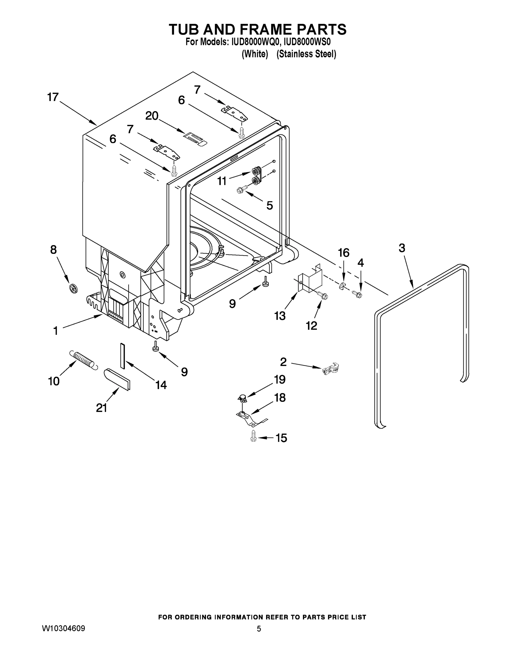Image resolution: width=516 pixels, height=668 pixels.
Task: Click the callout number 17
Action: point(53,97)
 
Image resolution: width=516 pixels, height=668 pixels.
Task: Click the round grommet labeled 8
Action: point(74,288)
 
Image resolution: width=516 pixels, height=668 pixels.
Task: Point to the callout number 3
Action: point(402,248)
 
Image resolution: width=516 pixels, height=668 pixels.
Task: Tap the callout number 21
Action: point(102,408)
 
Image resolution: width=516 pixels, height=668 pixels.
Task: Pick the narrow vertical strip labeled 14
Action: point(123,356)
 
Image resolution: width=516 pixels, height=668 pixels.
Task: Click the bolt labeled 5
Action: point(241,191)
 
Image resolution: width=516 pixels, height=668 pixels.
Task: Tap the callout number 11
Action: point(222,181)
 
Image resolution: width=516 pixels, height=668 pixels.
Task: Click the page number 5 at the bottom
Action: point(259,629)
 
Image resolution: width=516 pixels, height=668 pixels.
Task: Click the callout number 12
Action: point(312,326)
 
